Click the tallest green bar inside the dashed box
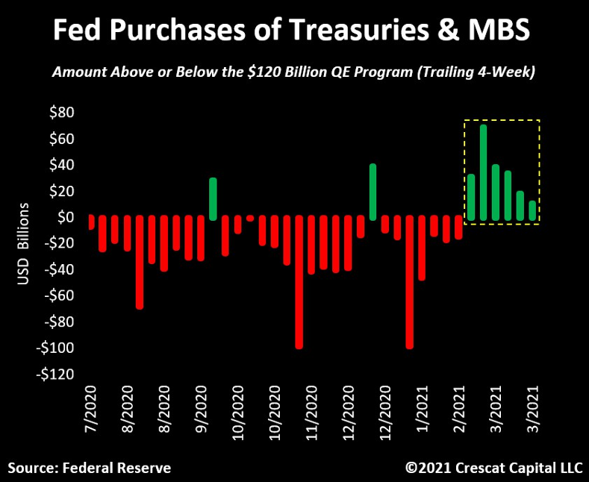[x=483, y=172]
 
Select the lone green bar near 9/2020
[x=213, y=198]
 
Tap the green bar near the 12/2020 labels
[x=373, y=192]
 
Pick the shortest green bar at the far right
[x=532, y=210]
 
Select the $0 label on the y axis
[x=66, y=217]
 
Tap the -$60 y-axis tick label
[x=59, y=295]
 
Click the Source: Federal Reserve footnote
[x=90, y=468]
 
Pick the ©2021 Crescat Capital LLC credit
[x=493, y=468]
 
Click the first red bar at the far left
[x=91, y=223]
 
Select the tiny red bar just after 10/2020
[x=250, y=219]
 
